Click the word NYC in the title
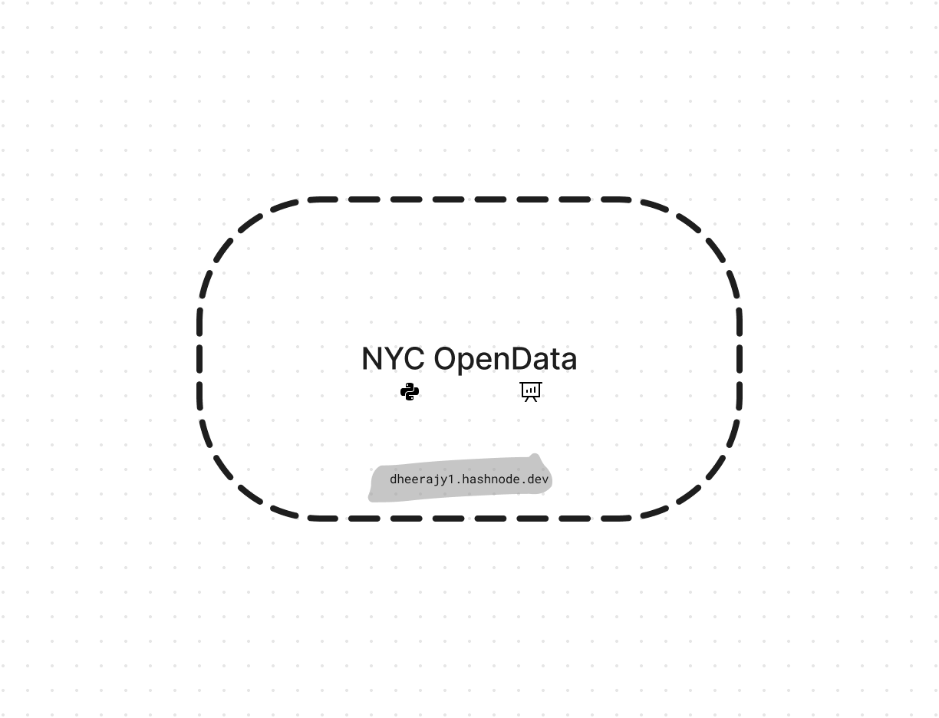click(393, 358)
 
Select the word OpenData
click(506, 360)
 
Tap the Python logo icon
click(410, 392)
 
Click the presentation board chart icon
click(531, 392)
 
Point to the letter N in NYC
click(372, 358)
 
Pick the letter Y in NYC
click(393, 358)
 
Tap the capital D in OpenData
click(522, 358)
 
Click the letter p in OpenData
click(469, 364)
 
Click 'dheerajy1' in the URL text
click(422, 479)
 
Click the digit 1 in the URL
click(450, 479)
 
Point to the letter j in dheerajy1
click(436, 479)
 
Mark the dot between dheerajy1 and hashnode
click(459, 483)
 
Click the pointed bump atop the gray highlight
click(535, 456)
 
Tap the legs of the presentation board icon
click(531, 400)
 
